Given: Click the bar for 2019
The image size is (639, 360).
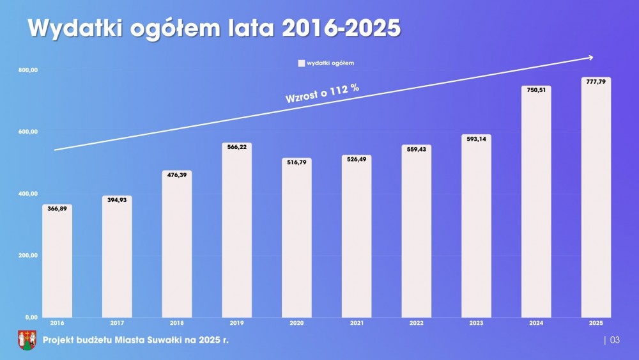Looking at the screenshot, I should [236, 233].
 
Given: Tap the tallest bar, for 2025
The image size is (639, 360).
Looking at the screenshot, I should [596, 198].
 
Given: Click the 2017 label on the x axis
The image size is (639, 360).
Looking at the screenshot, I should [116, 323].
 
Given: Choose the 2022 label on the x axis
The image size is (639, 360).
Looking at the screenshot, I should [416, 323].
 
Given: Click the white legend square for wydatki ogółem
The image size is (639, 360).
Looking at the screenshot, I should [301, 63].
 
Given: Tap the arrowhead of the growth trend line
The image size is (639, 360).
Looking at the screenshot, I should [590, 58].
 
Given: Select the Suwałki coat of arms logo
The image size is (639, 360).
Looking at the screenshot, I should [26, 340].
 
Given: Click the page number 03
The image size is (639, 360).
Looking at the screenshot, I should [615, 340].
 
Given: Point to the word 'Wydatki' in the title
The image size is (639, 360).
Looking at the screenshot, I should [73, 29].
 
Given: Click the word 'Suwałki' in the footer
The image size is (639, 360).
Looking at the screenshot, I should [154, 340].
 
